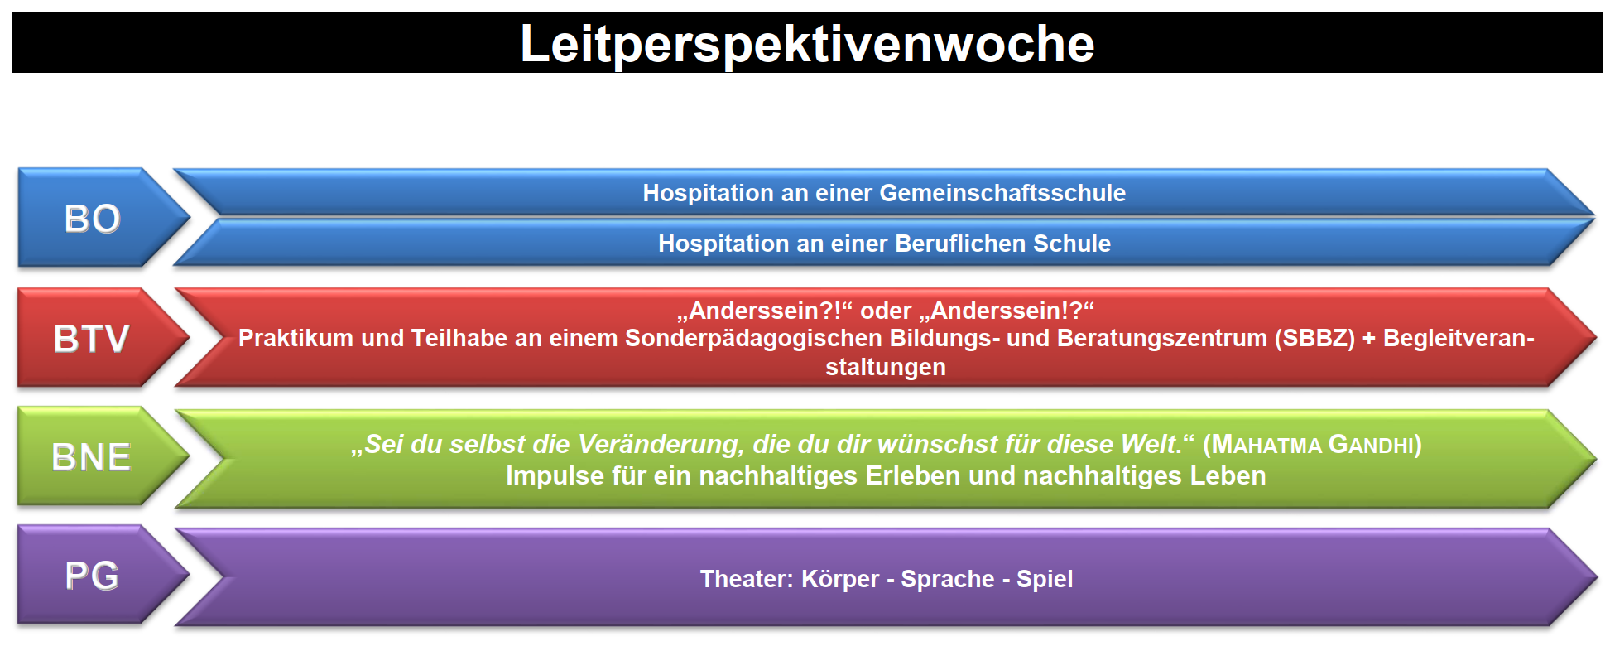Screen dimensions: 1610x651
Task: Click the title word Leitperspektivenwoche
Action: coord(807,44)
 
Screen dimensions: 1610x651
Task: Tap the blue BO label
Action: coord(93,219)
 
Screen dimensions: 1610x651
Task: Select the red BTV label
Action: coord(92,338)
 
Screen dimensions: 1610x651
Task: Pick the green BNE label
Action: coord(91,457)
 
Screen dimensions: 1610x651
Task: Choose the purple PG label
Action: coord(93,576)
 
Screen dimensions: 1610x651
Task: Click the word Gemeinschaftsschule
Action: coord(1002,193)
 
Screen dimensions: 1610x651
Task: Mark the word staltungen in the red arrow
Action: coord(886,367)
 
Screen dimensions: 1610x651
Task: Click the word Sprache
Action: coord(948,579)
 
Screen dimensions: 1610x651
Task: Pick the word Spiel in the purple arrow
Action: coord(1045,579)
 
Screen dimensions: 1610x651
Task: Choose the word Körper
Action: coord(840,579)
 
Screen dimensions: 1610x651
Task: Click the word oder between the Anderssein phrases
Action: coord(886,311)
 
